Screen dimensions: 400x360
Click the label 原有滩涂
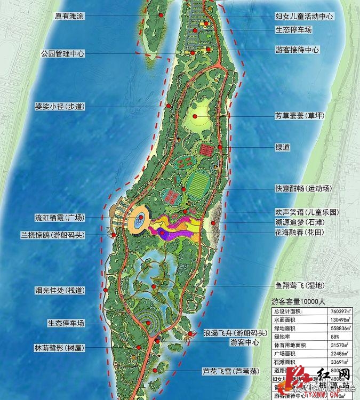click(70, 16)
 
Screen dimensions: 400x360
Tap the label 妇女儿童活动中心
click(305, 17)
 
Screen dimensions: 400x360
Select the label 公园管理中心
click(63, 54)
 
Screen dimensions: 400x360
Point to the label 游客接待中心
click(298, 50)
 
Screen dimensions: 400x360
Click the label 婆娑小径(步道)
click(59, 107)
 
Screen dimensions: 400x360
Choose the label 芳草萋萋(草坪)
click(300, 115)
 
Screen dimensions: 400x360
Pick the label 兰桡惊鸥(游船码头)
click(55, 235)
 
